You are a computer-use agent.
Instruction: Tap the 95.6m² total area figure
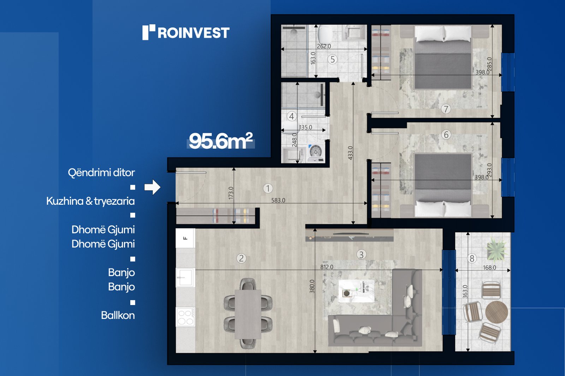pyautogui.click(x=221, y=141)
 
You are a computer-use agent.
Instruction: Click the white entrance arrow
pyautogui.click(x=152, y=187)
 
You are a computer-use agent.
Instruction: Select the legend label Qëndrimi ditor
pyautogui.click(x=101, y=173)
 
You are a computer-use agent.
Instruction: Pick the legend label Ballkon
pyautogui.click(x=118, y=316)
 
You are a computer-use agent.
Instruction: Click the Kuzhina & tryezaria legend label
pyautogui.click(x=90, y=201)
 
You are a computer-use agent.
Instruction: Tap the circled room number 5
pyautogui.click(x=333, y=59)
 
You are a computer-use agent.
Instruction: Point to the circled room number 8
pyautogui.click(x=472, y=258)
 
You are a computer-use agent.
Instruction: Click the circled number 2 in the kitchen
pyautogui.click(x=242, y=258)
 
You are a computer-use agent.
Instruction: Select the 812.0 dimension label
pyautogui.click(x=327, y=267)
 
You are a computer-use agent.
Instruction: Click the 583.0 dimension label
pyautogui.click(x=278, y=200)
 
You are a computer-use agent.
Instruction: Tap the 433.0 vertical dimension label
pyautogui.click(x=350, y=153)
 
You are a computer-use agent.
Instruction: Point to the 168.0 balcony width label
pyautogui.click(x=489, y=268)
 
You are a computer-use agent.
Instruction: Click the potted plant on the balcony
pyautogui.click(x=496, y=249)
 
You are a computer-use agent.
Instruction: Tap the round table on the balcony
pyautogui.click(x=496, y=312)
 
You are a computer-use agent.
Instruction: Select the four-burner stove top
pyautogui.click(x=186, y=317)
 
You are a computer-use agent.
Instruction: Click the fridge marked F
pyautogui.click(x=185, y=238)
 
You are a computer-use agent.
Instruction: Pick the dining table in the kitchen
pyautogui.click(x=248, y=314)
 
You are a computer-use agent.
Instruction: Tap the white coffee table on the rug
pyautogui.click(x=356, y=291)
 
